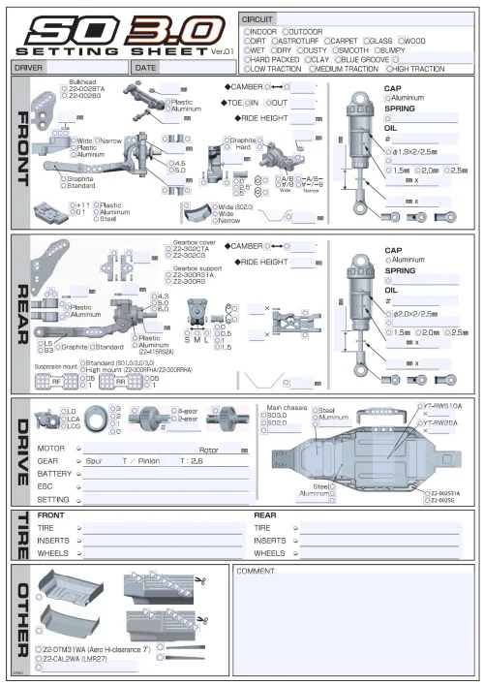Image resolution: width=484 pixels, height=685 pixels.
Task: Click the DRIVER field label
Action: click(27, 68)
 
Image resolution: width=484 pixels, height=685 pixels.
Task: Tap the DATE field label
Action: click(146, 68)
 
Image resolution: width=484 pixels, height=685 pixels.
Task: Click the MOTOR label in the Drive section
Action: click(50, 449)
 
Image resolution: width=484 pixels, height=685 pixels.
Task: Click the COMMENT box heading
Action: click(256, 571)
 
